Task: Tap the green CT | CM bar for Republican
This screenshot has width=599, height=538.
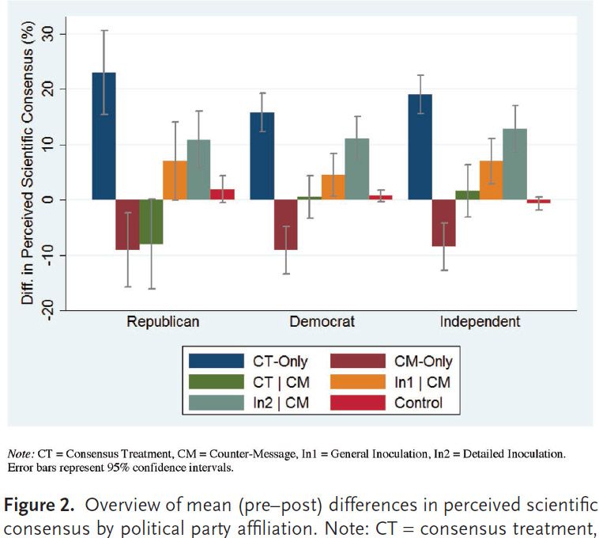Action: click(151, 222)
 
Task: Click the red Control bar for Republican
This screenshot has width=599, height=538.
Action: click(222, 195)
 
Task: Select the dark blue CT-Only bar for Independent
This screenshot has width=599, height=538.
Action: click(420, 147)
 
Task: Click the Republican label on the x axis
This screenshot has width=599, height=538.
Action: click(163, 322)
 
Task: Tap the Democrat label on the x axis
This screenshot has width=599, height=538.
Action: click(322, 322)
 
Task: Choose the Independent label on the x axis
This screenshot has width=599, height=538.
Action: click(480, 322)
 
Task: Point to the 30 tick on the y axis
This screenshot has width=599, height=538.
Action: click(58, 34)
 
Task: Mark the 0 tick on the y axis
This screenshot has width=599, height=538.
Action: click(58, 199)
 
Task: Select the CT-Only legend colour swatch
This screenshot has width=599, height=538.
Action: click(216, 362)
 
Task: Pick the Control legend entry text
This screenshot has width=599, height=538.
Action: click(418, 403)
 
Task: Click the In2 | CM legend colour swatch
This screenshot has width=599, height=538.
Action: click(216, 403)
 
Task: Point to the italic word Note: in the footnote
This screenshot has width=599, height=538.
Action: click(20, 454)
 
